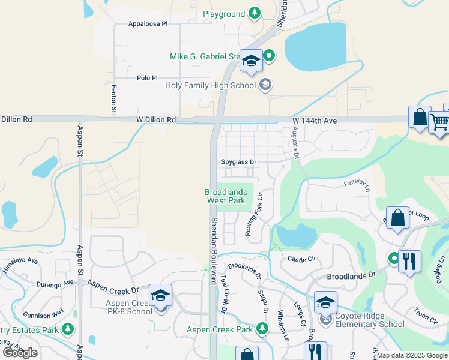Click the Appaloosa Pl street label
pyautogui.click(x=148, y=24)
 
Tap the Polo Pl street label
pyautogui.click(x=147, y=78)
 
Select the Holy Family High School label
pyautogui.click(x=211, y=85)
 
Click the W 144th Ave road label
pyautogui.click(x=315, y=121)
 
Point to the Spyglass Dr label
pyautogui.click(x=238, y=162)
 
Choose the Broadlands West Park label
pyautogui.click(x=226, y=196)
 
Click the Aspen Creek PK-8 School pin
pyautogui.click(x=161, y=296)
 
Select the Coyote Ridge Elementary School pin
pyautogui.click(x=325, y=302)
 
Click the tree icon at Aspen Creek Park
pyautogui.click(x=262, y=329)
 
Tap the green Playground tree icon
pyautogui.click(x=254, y=13)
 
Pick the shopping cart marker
pyautogui.click(x=439, y=122)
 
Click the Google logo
pyautogui.click(x=20, y=353)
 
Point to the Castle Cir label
pyautogui.click(x=301, y=259)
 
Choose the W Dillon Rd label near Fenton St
pyautogui.click(x=156, y=120)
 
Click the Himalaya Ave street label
pyautogui.click(x=20, y=266)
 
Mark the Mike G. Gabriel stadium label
pyautogui.click(x=205, y=57)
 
